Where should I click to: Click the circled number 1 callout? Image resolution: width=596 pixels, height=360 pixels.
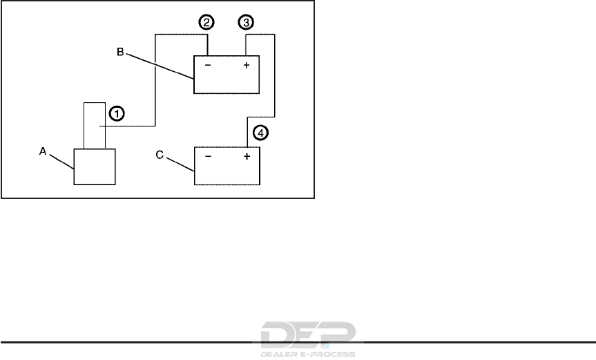[x=117, y=112]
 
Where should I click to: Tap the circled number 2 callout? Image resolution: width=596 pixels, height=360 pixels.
[x=206, y=23]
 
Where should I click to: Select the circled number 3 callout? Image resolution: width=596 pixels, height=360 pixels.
[x=245, y=23]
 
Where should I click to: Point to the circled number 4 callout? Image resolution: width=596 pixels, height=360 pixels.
[x=258, y=131]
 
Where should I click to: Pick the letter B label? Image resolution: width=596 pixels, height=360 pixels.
[x=120, y=51]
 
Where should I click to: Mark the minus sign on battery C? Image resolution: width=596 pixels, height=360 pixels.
[x=208, y=157]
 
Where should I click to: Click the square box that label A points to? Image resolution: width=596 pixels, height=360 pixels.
[x=95, y=167]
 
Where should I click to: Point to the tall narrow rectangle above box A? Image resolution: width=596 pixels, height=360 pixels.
[x=94, y=124]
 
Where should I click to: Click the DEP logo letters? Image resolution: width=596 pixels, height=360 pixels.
[x=309, y=335]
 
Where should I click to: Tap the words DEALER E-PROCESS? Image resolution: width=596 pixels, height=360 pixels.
[x=309, y=354]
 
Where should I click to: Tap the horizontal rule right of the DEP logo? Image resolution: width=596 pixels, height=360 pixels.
[x=477, y=341]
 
